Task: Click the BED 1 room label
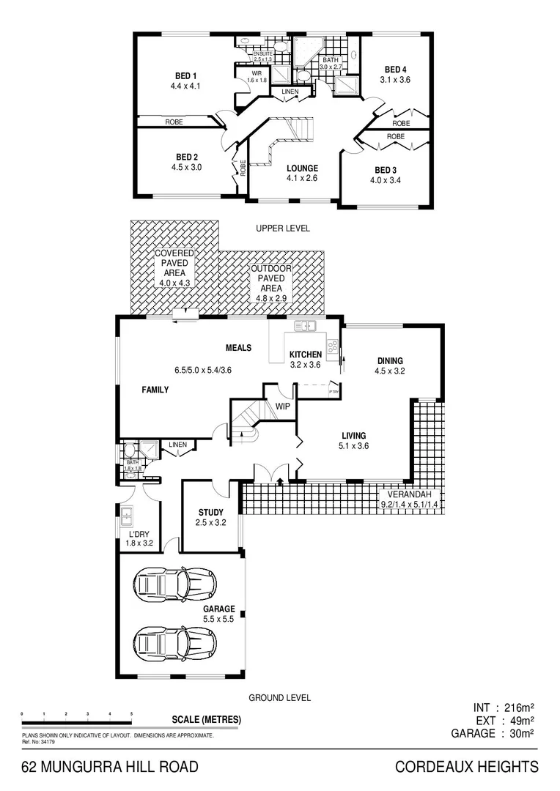click(185, 75)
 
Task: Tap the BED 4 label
click(395, 70)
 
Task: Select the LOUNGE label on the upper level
click(302, 168)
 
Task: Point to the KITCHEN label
click(306, 354)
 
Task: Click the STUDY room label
click(210, 513)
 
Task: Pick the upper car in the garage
click(176, 584)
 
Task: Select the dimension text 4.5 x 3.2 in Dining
click(390, 371)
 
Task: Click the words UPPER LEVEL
click(283, 229)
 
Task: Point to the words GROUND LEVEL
click(279, 698)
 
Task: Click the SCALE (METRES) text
click(206, 720)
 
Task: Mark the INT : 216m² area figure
click(504, 708)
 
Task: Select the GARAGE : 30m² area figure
click(492, 733)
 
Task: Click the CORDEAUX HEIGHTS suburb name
click(467, 767)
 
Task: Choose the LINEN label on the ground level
click(178, 445)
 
